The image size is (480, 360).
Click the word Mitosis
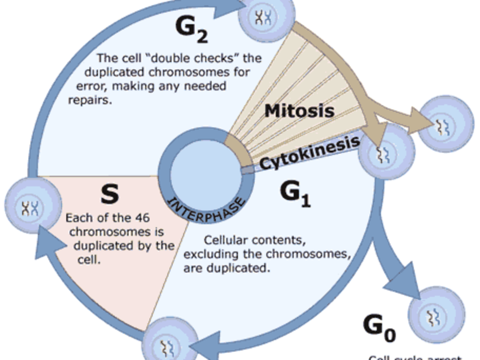click(299, 110)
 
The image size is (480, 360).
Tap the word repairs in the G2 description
click(89, 100)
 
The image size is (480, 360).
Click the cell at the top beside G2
click(266, 17)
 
